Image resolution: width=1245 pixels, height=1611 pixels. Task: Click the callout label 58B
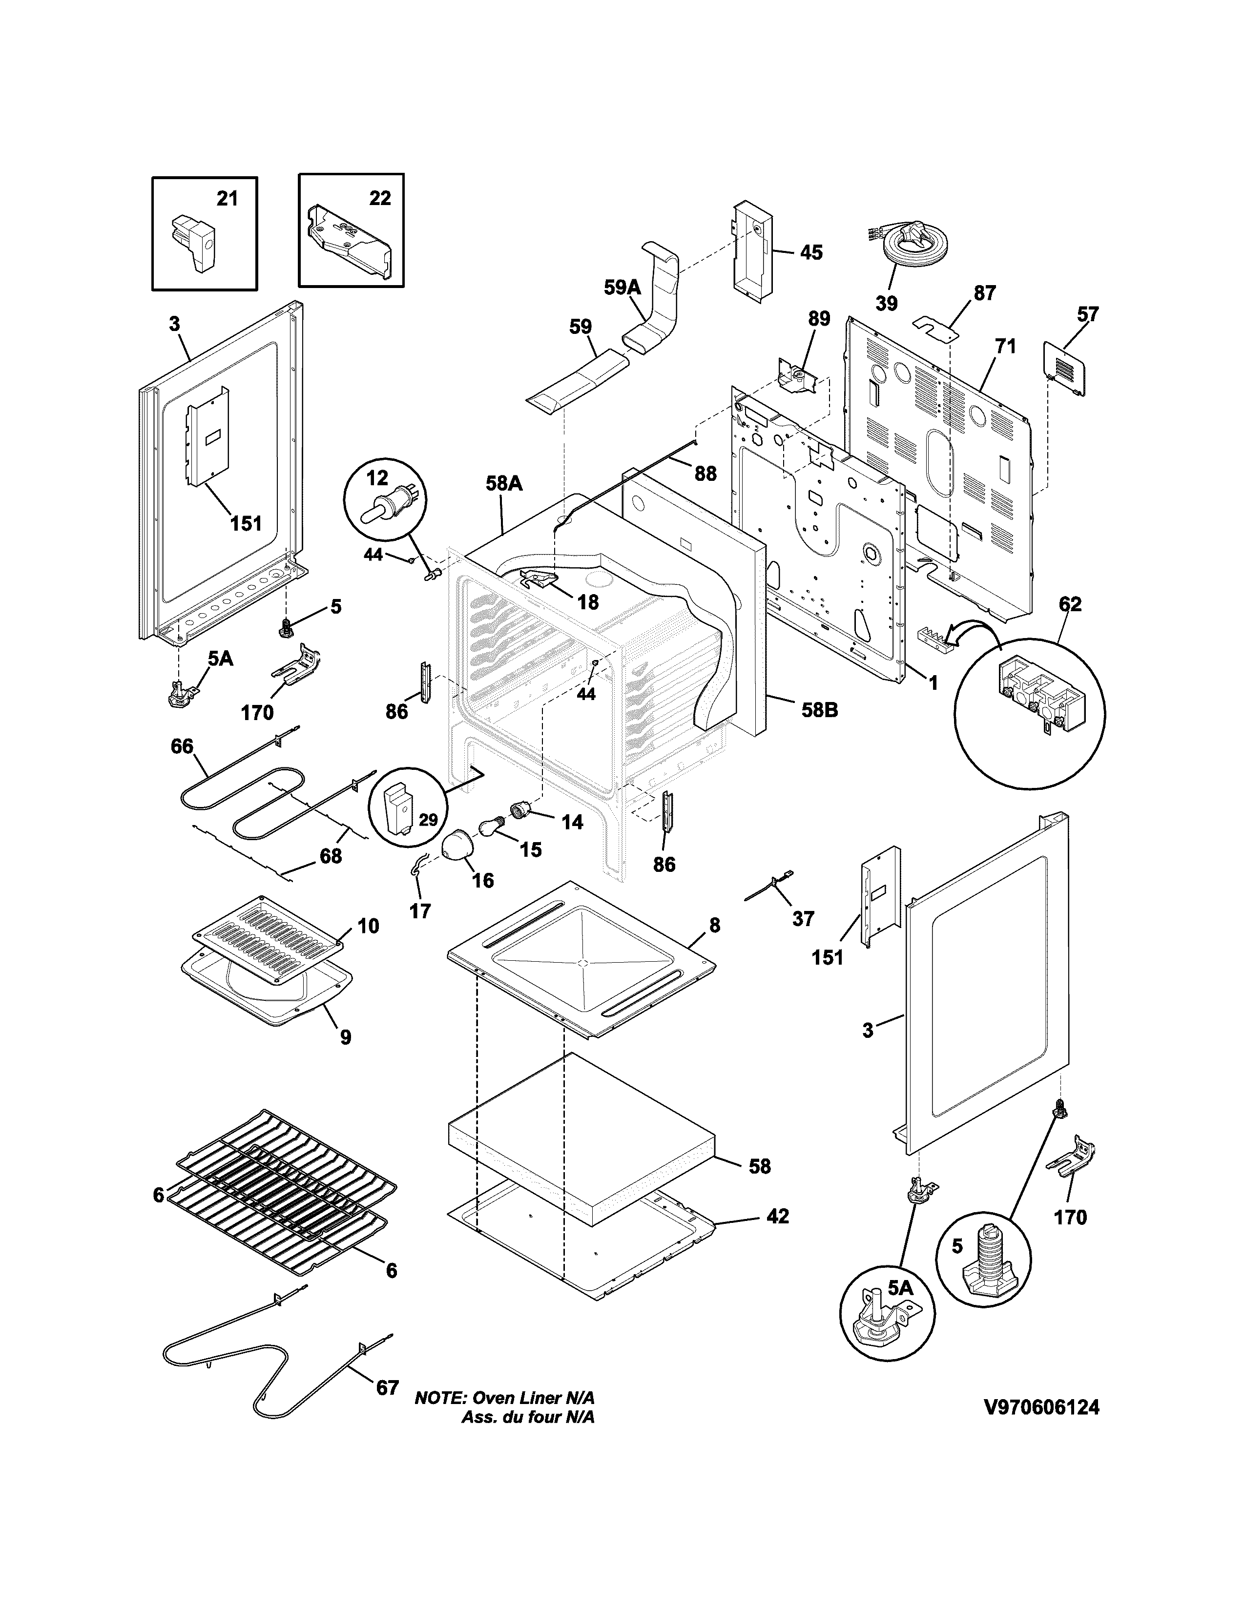(x=819, y=710)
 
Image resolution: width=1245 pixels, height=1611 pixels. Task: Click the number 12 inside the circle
(x=377, y=478)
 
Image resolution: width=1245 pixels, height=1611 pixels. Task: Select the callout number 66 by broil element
(x=182, y=746)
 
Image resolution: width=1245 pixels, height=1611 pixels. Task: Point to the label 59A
(x=622, y=288)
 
